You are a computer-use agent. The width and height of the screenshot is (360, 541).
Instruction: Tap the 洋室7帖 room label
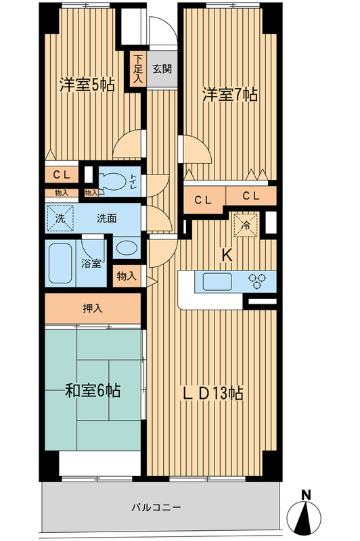229,95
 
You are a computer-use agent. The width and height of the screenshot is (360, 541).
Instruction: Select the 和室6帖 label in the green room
93,390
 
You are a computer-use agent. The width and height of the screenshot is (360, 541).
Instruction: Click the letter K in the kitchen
228,256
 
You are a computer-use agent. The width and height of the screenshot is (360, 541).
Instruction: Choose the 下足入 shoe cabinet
137,68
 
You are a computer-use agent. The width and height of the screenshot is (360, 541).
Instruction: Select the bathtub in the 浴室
62,262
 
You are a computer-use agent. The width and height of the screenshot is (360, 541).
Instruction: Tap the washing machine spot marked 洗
59,218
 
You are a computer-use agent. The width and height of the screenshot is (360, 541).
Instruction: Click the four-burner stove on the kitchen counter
258,281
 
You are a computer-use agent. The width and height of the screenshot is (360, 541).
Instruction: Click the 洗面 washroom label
106,218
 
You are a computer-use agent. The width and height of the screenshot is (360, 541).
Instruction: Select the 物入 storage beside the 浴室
127,276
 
